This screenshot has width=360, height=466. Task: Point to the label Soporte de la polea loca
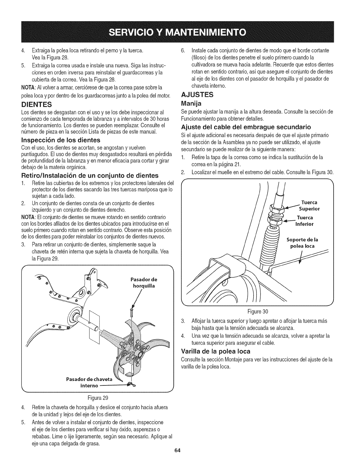coord(302,242)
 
